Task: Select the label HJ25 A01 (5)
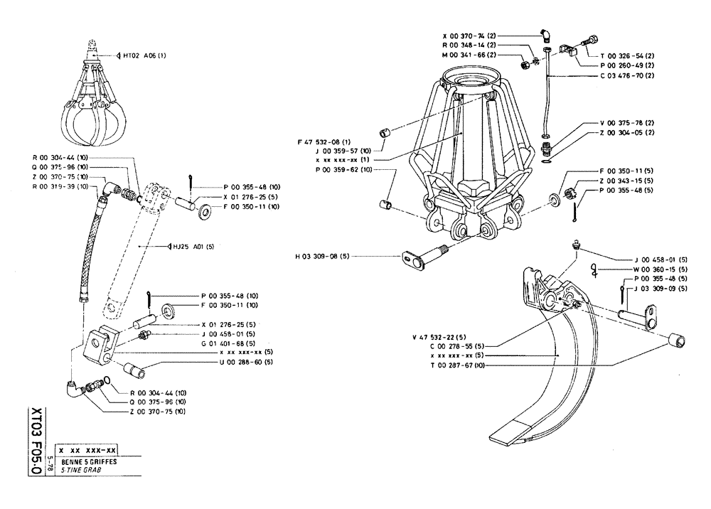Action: pyautogui.click(x=191, y=247)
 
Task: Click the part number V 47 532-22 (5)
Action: pyautogui.click(x=439, y=336)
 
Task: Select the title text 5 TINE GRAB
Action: pyautogui.click(x=80, y=470)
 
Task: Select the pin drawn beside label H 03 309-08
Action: pyautogui.click(x=419, y=259)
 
